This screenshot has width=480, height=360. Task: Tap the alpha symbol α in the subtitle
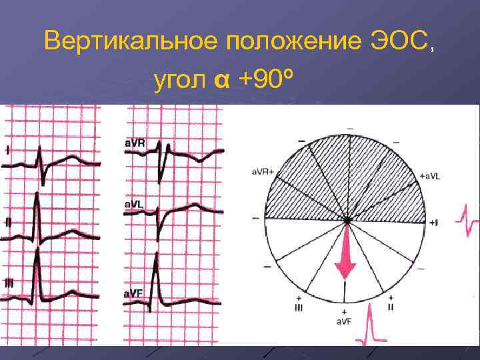[222, 82]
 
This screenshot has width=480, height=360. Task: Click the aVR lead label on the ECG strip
[135, 143]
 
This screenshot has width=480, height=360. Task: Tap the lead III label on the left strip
[9, 283]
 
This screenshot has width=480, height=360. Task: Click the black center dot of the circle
[346, 219]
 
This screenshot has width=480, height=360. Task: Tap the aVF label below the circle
[344, 321]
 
